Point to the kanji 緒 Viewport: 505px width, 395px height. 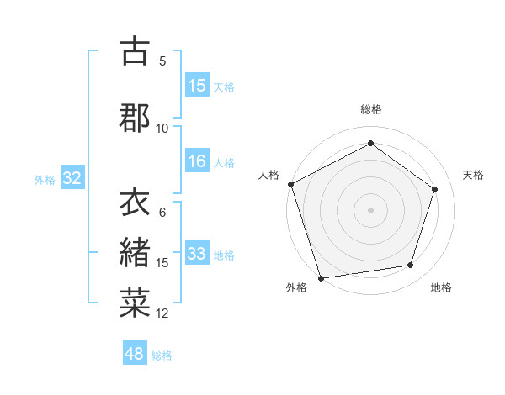[x=135, y=251]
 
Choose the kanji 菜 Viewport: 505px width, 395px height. [x=135, y=302]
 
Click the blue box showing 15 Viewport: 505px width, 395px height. [x=197, y=86]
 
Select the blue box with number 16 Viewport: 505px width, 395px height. [x=197, y=161]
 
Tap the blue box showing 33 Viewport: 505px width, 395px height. [x=197, y=254]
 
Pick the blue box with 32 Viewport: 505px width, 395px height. [x=72, y=178]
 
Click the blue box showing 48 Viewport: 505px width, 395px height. [x=135, y=354]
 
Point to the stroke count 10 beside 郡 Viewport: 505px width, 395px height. [x=162, y=128]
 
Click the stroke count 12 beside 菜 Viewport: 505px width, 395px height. [x=162, y=313]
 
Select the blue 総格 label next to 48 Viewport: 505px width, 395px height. [x=162, y=355]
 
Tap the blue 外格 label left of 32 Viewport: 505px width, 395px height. [x=45, y=179]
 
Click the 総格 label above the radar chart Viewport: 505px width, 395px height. [x=370, y=109]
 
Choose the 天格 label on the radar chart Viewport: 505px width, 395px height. [x=473, y=175]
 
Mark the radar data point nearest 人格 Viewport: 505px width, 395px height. [x=290, y=184]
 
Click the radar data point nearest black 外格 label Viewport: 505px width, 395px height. [x=321, y=277]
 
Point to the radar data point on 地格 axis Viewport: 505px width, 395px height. [x=410, y=266]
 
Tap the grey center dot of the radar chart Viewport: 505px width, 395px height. [x=370, y=209]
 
